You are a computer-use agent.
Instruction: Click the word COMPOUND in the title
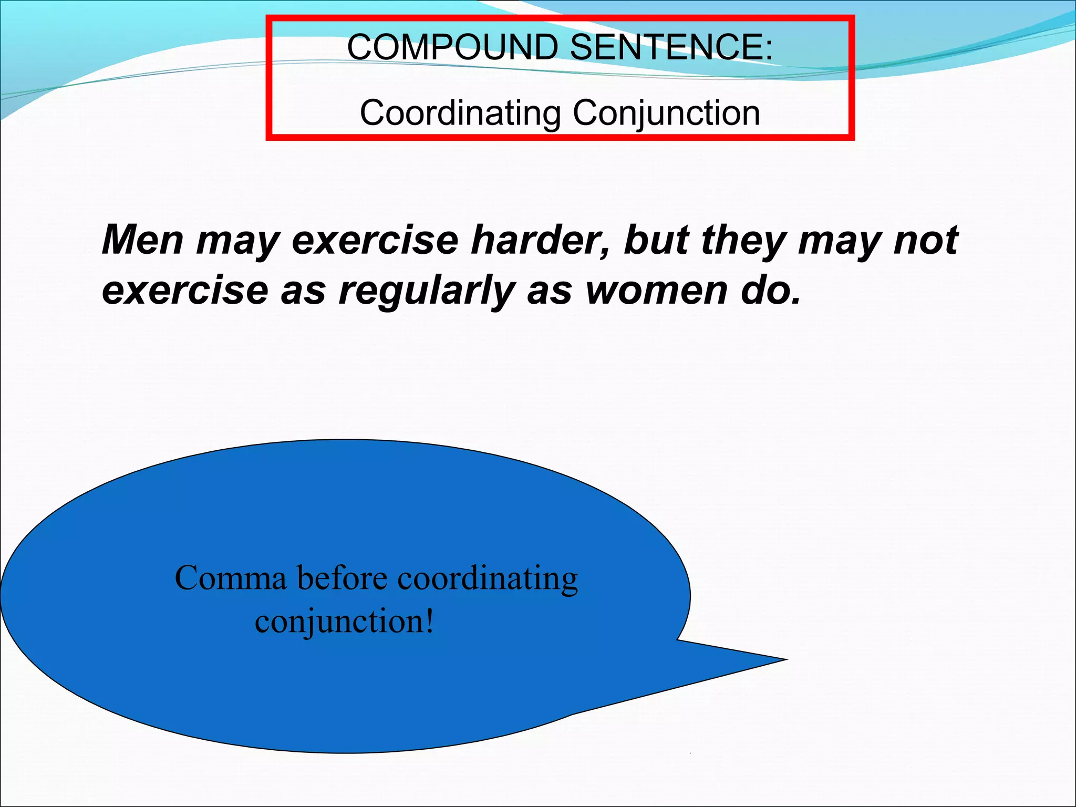point(452,47)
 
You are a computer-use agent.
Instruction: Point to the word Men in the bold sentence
point(143,240)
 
